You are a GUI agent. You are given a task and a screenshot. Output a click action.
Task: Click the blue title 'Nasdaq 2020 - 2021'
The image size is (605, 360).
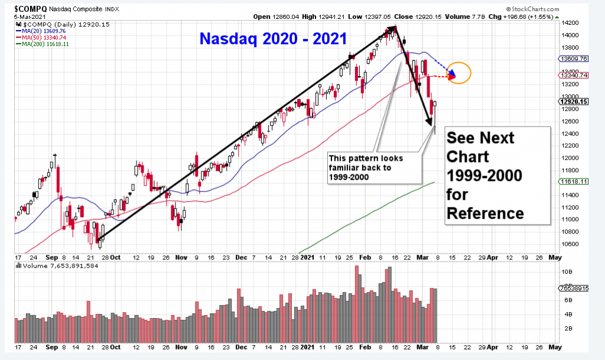pos(273,40)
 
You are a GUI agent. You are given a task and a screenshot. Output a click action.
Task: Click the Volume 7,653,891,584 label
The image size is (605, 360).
pos(60,266)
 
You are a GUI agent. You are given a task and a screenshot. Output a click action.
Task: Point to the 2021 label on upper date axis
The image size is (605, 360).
pos(307,258)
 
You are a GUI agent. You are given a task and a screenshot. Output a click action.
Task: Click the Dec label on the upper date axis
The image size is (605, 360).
pos(240,258)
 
